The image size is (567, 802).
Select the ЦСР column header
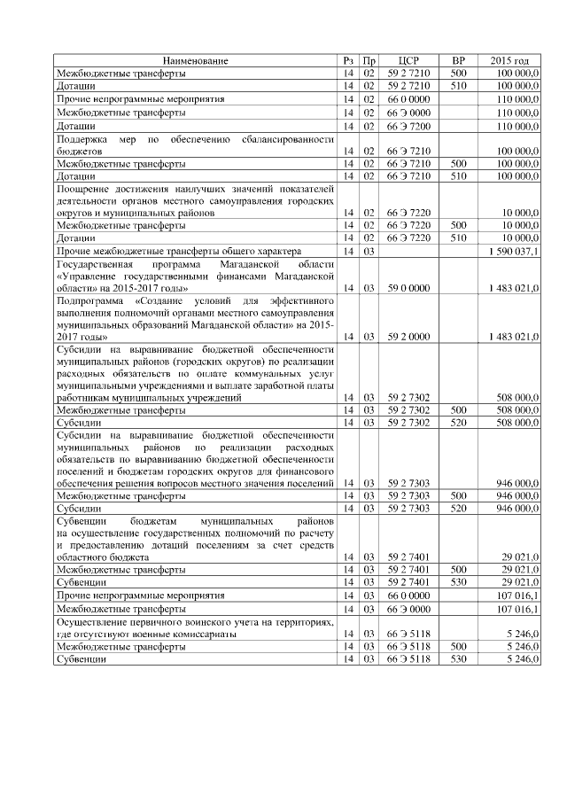(x=408, y=60)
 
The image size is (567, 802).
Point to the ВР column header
(x=458, y=60)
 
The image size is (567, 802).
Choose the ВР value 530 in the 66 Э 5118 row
(x=458, y=660)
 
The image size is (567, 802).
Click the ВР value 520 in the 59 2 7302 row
(x=458, y=423)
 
